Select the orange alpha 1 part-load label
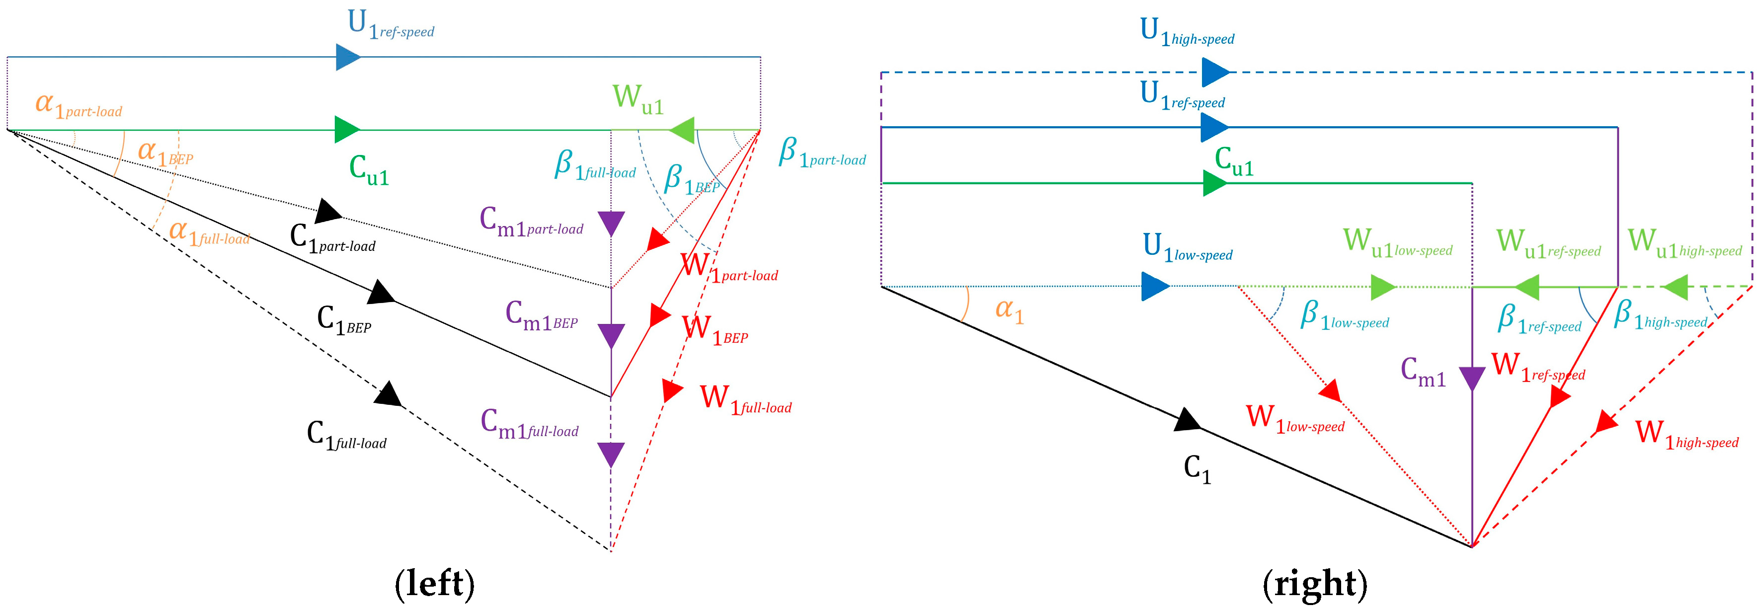(78, 105)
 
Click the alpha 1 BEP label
(165, 153)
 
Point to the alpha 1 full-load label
(209, 233)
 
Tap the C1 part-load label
(332, 238)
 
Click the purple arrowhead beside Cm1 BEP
(611, 336)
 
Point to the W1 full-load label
(745, 400)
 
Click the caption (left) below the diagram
(435, 584)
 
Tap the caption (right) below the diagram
(1315, 584)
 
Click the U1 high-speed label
(1187, 32)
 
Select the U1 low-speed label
(1188, 248)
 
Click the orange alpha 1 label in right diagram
(1009, 310)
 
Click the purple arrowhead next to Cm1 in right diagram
(1472, 379)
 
